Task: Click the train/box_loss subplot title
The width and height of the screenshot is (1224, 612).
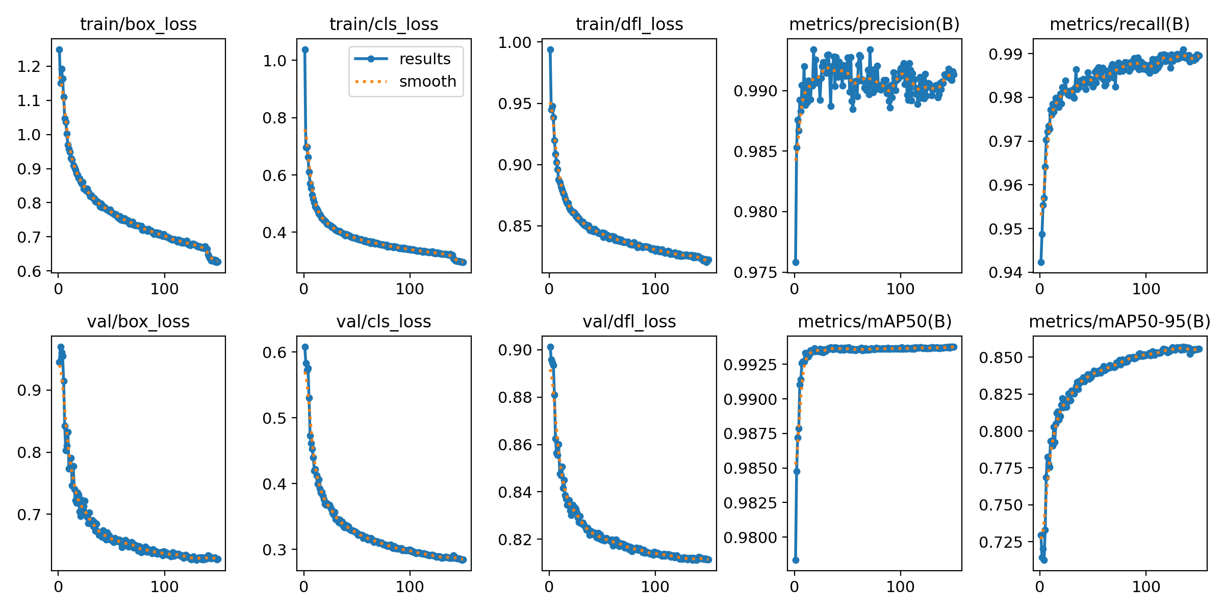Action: [138, 24]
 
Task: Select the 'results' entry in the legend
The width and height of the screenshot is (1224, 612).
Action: [424, 59]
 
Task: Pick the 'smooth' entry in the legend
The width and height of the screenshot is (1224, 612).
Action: [427, 82]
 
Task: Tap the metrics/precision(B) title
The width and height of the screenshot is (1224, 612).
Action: [874, 24]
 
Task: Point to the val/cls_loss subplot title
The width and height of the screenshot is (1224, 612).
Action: [384, 321]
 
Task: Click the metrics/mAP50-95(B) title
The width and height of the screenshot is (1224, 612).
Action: [1119, 321]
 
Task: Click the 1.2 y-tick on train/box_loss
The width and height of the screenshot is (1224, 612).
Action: [29, 66]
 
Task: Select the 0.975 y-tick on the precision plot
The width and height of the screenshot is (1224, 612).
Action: [755, 272]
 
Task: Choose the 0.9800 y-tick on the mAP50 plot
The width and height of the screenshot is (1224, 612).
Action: [750, 538]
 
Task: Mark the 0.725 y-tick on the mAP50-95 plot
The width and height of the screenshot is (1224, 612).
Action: [1001, 542]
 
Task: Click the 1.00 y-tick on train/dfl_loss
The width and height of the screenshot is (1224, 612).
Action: [515, 42]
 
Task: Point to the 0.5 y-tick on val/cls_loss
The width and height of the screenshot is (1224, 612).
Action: [274, 418]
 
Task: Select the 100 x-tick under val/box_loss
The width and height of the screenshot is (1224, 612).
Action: [164, 586]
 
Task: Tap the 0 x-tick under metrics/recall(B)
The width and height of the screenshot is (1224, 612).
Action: [1040, 289]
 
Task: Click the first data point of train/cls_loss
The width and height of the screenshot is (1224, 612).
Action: [305, 49]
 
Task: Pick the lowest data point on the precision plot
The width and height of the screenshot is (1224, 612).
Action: [796, 262]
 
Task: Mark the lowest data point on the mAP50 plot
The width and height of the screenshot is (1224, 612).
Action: [796, 560]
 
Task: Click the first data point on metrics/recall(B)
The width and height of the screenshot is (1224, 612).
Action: [1041, 262]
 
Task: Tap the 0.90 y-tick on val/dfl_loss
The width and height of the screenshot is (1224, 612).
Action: [515, 350]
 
